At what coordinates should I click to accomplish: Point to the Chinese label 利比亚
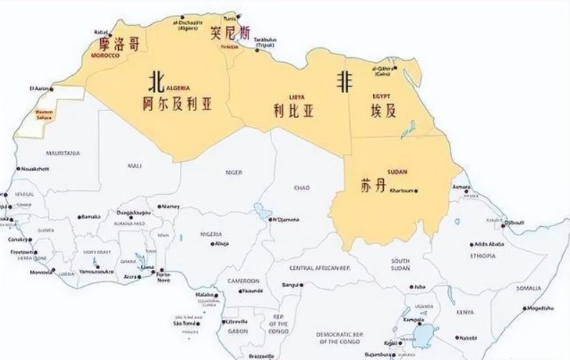coord(294,110)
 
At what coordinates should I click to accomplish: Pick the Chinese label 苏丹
coord(375,186)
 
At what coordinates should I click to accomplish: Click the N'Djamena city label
coord(284,219)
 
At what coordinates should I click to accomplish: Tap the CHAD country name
coord(301,188)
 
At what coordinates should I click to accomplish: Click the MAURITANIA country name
coord(62,153)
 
